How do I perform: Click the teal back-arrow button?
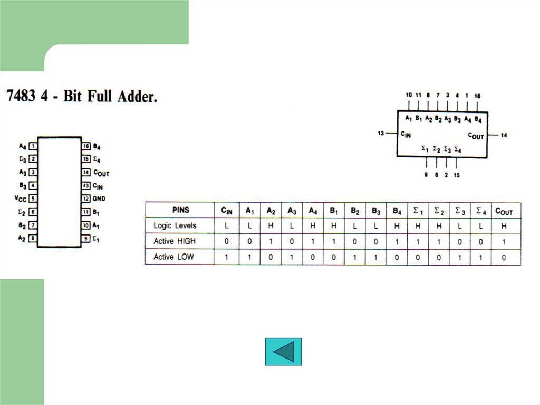point(283,352)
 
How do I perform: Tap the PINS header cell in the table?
point(180,210)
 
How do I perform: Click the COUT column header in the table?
point(504,211)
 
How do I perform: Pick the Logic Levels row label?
point(175,225)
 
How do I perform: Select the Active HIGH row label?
point(175,241)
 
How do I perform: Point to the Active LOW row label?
point(173,257)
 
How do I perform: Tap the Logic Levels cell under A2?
point(271,226)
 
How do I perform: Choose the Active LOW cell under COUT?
point(504,257)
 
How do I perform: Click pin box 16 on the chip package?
point(86,146)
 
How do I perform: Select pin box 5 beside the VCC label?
point(33,199)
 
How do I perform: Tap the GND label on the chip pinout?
point(100,199)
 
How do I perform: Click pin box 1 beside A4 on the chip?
point(33,146)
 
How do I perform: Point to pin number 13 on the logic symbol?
point(381,134)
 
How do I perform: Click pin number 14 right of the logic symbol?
point(504,136)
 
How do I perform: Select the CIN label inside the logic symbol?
point(406,135)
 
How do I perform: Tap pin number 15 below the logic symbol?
point(456,175)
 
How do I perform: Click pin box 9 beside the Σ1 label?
point(86,239)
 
